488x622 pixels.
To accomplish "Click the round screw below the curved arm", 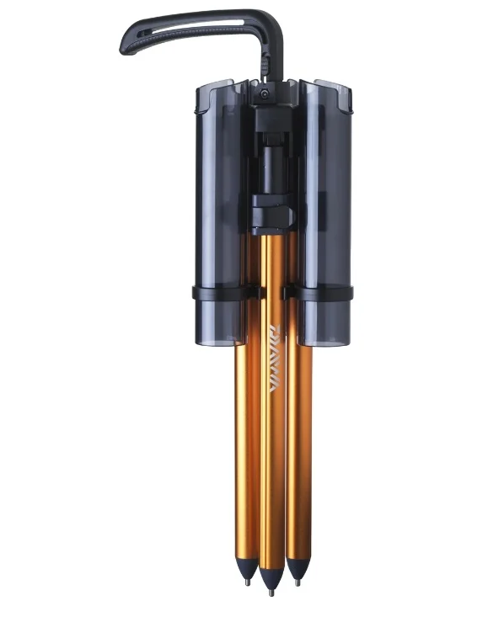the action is [x=264, y=93].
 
